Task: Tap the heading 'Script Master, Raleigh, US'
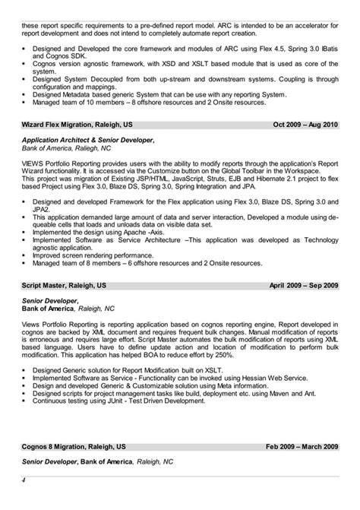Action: tap(57, 286)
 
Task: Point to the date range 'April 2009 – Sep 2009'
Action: tap(303, 286)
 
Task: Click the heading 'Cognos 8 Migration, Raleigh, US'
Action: tap(73, 448)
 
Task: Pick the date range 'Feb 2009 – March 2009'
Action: tap(302, 448)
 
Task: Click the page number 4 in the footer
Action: tap(24, 480)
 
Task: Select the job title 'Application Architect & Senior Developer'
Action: tap(87, 141)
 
